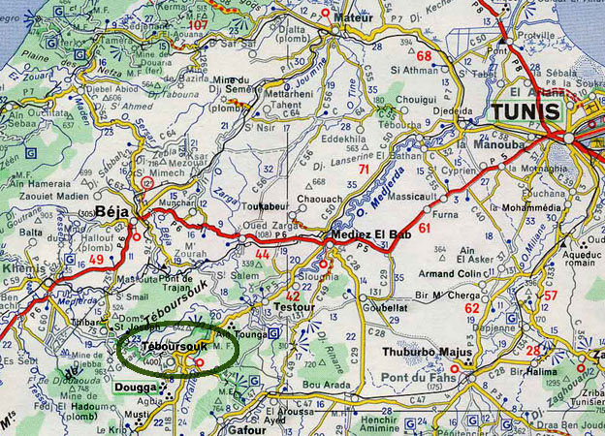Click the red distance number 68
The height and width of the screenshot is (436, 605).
pos(424,55)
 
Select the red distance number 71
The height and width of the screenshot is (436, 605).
pos(364,170)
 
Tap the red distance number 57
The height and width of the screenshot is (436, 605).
pos(551,295)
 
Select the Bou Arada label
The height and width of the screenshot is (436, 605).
pos(321,385)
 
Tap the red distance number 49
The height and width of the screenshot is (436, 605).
pos(95,260)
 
